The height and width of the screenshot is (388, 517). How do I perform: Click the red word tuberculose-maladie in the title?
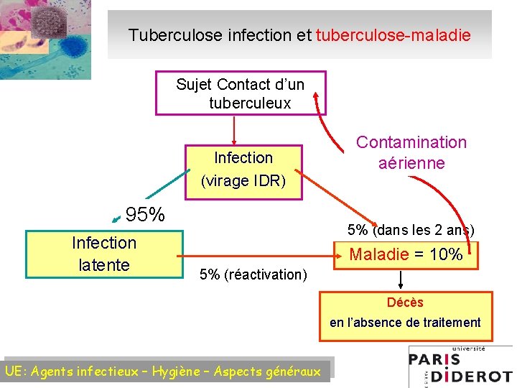(x=393, y=34)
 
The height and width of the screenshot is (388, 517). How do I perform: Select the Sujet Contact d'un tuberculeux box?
(x=241, y=93)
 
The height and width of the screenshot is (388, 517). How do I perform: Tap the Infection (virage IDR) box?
(x=243, y=169)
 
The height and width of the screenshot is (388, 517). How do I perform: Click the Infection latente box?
(x=104, y=254)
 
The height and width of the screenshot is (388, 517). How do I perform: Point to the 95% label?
(x=145, y=215)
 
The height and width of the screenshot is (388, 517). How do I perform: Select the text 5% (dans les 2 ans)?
(x=411, y=231)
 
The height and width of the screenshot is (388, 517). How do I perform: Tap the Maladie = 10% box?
(x=406, y=254)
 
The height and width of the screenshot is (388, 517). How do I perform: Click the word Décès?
(x=405, y=302)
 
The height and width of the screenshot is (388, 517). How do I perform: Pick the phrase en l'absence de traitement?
(x=405, y=323)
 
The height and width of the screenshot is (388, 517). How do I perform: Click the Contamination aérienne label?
(x=411, y=152)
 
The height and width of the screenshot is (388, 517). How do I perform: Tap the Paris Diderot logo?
(x=460, y=366)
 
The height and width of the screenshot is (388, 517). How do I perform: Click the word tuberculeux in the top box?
(x=250, y=103)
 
